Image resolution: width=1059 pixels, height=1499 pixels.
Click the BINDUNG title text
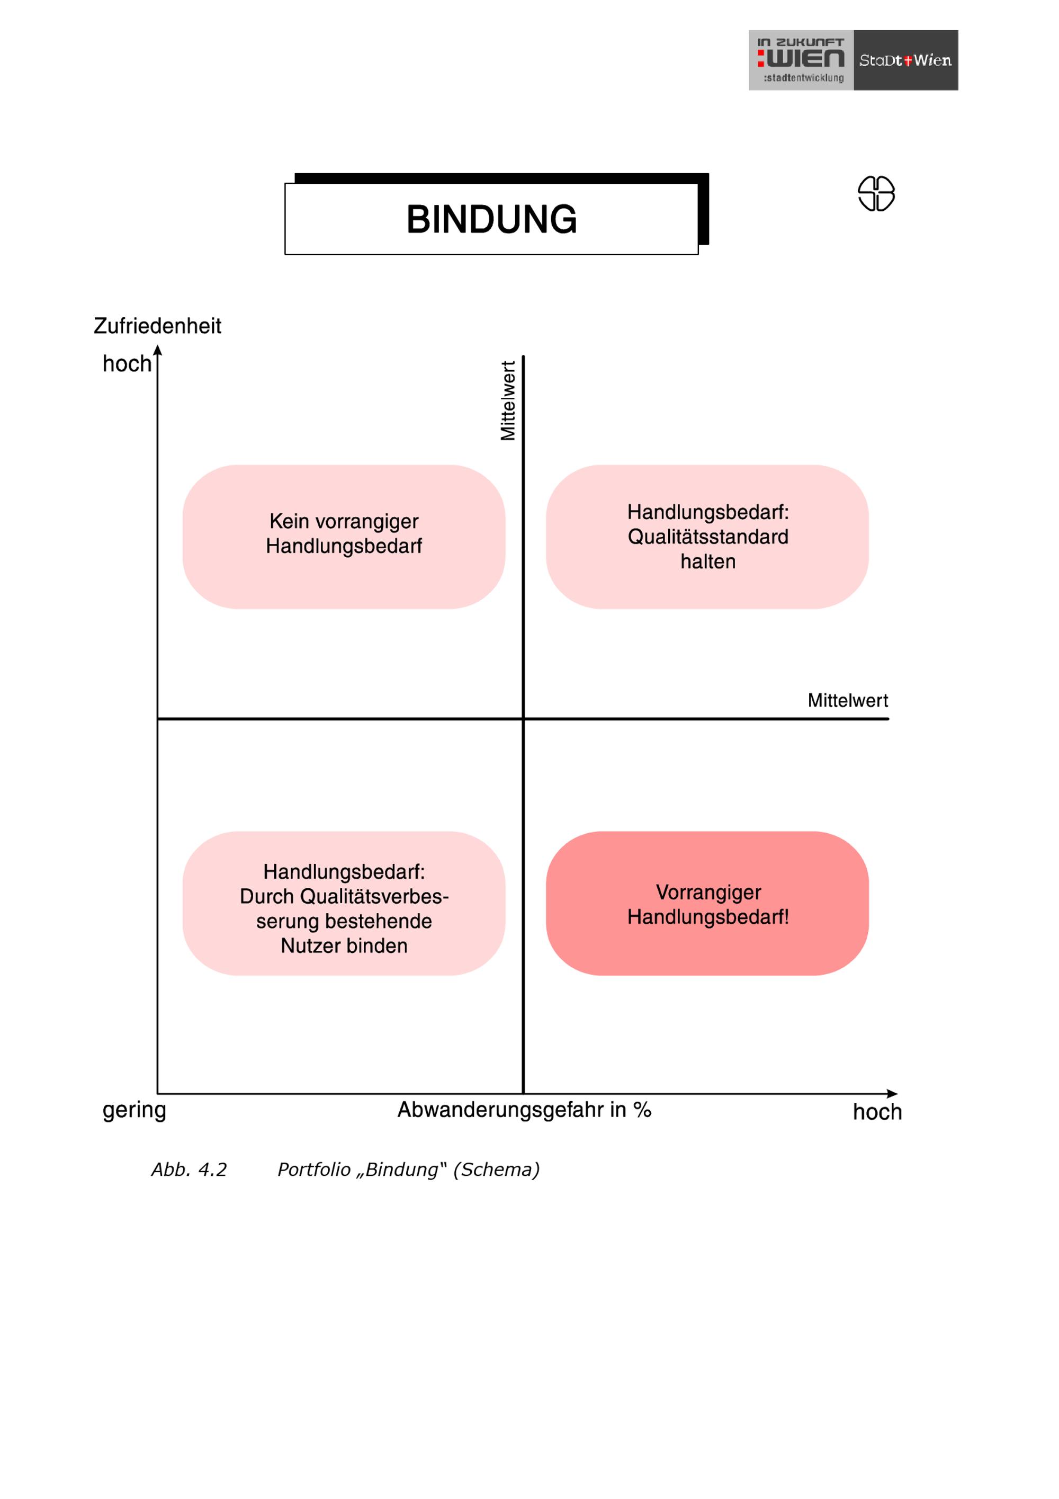click(x=491, y=219)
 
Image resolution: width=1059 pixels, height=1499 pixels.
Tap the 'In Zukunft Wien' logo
click(x=801, y=60)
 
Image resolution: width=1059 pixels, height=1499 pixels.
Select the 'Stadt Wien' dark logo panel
click(x=905, y=60)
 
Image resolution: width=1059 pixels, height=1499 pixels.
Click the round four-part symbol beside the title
click(x=876, y=193)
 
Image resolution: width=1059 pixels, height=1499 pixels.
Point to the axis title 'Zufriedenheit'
click(x=157, y=326)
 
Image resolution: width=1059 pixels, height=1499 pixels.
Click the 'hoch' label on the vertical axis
click(x=127, y=364)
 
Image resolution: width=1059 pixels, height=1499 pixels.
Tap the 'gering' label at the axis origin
click(x=134, y=1111)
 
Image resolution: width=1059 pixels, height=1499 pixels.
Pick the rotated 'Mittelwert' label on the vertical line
click(x=508, y=400)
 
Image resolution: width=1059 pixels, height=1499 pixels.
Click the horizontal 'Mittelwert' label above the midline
click(x=848, y=701)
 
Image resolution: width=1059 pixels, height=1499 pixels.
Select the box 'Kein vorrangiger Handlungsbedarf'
click(x=344, y=537)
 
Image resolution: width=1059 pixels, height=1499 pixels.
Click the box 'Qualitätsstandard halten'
click(x=707, y=537)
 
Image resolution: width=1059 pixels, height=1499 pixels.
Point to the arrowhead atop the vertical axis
click(x=157, y=351)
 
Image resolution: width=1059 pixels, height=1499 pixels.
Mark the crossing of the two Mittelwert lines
click(x=523, y=719)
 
